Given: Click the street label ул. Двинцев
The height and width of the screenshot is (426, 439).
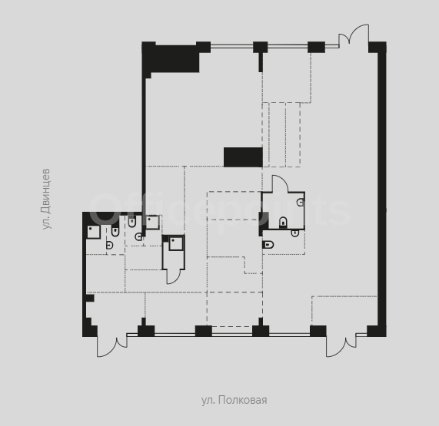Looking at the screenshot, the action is pos(46,199).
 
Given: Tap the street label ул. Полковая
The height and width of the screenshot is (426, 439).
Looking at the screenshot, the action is pos(234,400).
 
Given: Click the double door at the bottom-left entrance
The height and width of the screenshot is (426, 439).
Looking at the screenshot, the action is pos(112,346).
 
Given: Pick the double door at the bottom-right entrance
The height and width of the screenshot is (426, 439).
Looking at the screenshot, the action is pos(341,346).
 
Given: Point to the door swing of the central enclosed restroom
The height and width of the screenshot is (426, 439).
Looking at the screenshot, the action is pos(280,183).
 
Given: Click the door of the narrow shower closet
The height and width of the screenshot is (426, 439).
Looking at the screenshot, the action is pos(174,277).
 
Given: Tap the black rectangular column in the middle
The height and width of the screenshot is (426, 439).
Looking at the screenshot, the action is pos(243,157).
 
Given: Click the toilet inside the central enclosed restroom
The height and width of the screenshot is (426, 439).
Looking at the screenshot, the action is pos(283,223).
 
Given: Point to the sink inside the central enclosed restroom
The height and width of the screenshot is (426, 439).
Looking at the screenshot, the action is pos(301,202).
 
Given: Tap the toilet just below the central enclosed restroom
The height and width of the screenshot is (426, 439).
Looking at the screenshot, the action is pos(268,245).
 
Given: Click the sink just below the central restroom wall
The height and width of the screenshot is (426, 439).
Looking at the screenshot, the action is pos(295,233).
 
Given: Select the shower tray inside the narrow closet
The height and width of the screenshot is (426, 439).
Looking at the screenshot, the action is pos(176,243).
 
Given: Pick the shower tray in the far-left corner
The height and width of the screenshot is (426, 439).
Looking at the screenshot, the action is pos(94,232).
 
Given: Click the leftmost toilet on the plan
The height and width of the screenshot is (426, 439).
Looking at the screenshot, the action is pos(115,231).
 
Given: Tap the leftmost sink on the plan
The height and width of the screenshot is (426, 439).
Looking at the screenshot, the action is pos(110,246).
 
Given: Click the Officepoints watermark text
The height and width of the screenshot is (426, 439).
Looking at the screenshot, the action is pos(220,209).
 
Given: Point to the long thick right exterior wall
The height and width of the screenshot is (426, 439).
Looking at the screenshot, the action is pos(382,189).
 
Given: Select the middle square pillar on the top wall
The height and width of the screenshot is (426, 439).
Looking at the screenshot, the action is pos(261,48).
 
